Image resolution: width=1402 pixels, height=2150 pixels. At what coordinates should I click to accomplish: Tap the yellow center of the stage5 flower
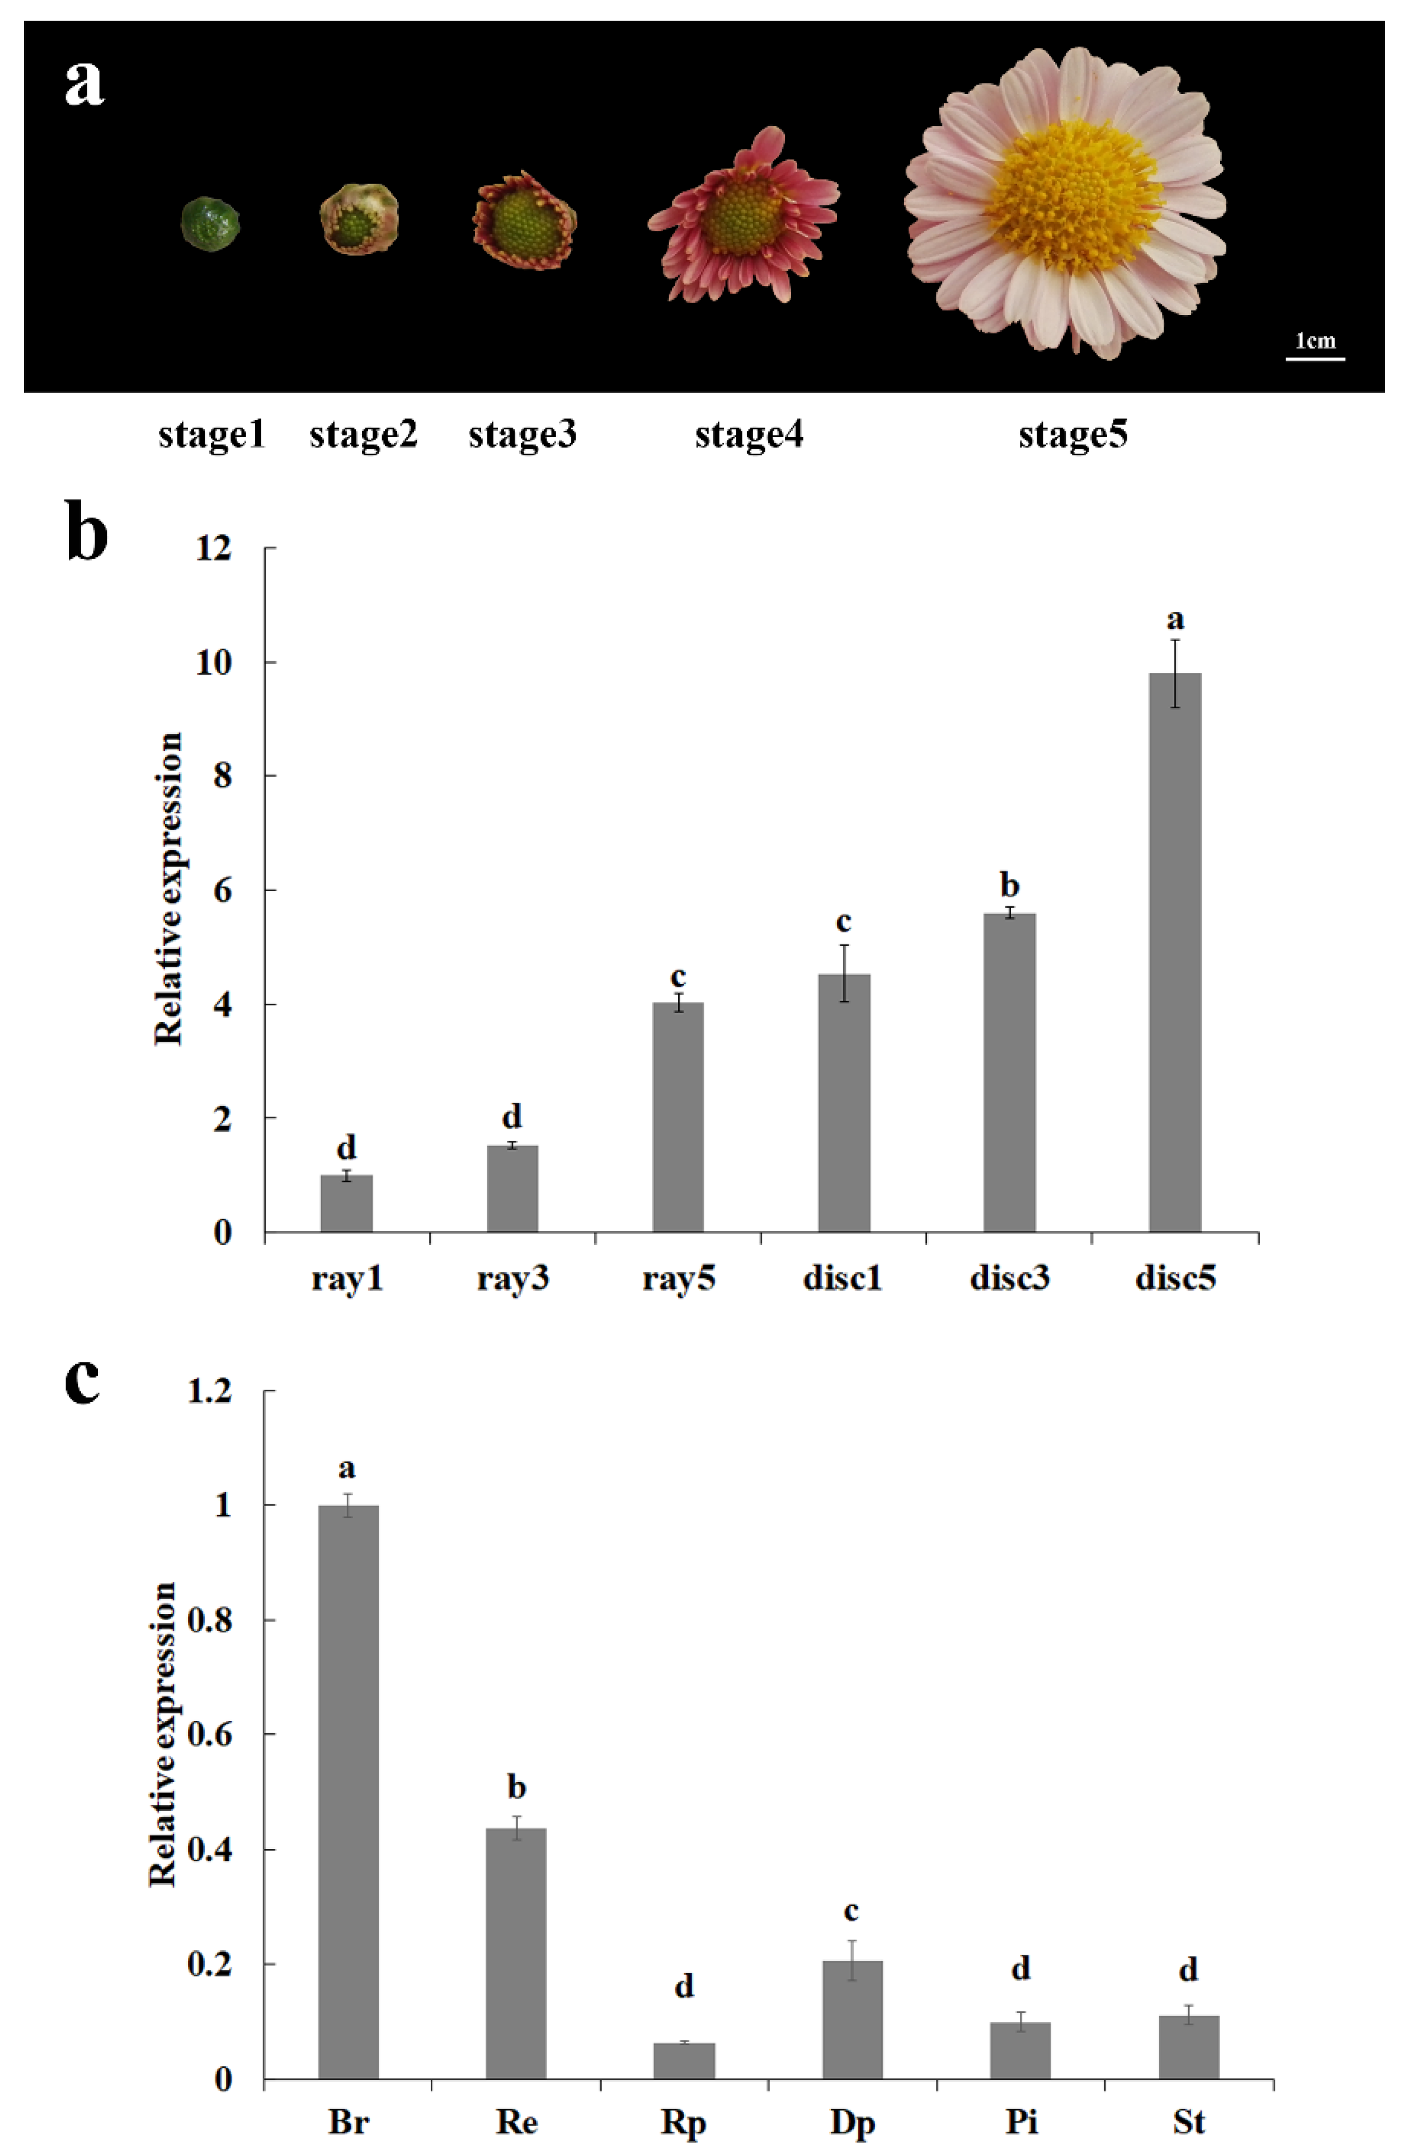pos(1073,199)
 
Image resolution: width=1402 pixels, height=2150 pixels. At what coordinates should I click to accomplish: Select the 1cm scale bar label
pos(1315,341)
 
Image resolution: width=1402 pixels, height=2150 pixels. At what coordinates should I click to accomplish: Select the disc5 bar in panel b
pos(1174,953)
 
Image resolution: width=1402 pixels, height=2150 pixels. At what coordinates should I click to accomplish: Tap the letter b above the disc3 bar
pos(1009,885)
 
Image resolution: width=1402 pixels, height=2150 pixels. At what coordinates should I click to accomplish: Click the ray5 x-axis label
pos(679,1279)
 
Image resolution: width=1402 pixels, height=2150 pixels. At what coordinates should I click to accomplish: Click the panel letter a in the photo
pos(84,84)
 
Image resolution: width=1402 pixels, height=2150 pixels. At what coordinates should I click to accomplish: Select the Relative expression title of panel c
pos(163,1734)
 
